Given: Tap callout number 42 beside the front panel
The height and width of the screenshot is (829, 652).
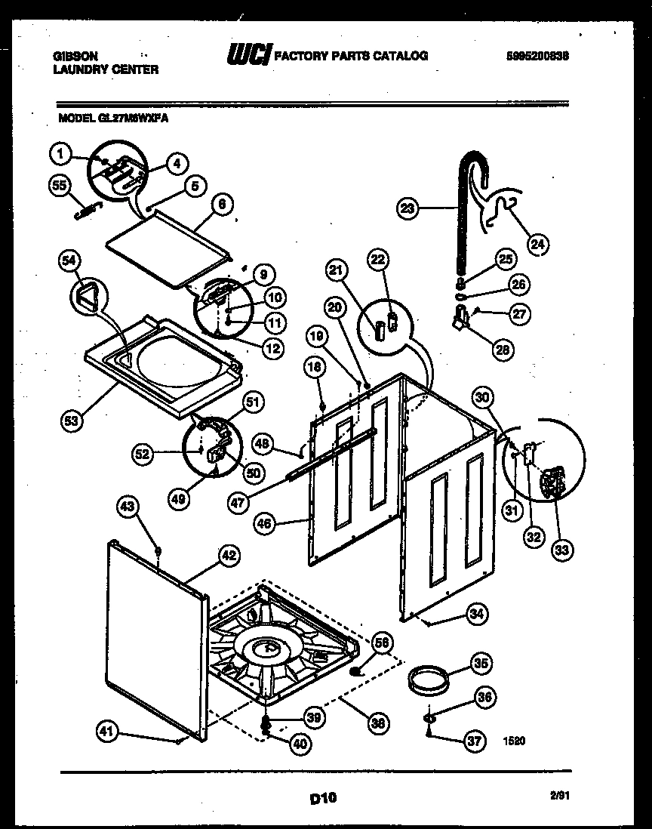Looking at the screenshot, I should coord(229,556).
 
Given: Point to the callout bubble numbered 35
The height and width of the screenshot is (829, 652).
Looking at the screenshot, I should coord(481,664).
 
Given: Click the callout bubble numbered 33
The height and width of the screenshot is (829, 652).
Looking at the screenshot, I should coord(561,550).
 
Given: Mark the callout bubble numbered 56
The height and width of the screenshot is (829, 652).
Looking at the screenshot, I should coord(383,643).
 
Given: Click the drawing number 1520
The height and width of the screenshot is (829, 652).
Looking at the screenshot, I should coord(514,741).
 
